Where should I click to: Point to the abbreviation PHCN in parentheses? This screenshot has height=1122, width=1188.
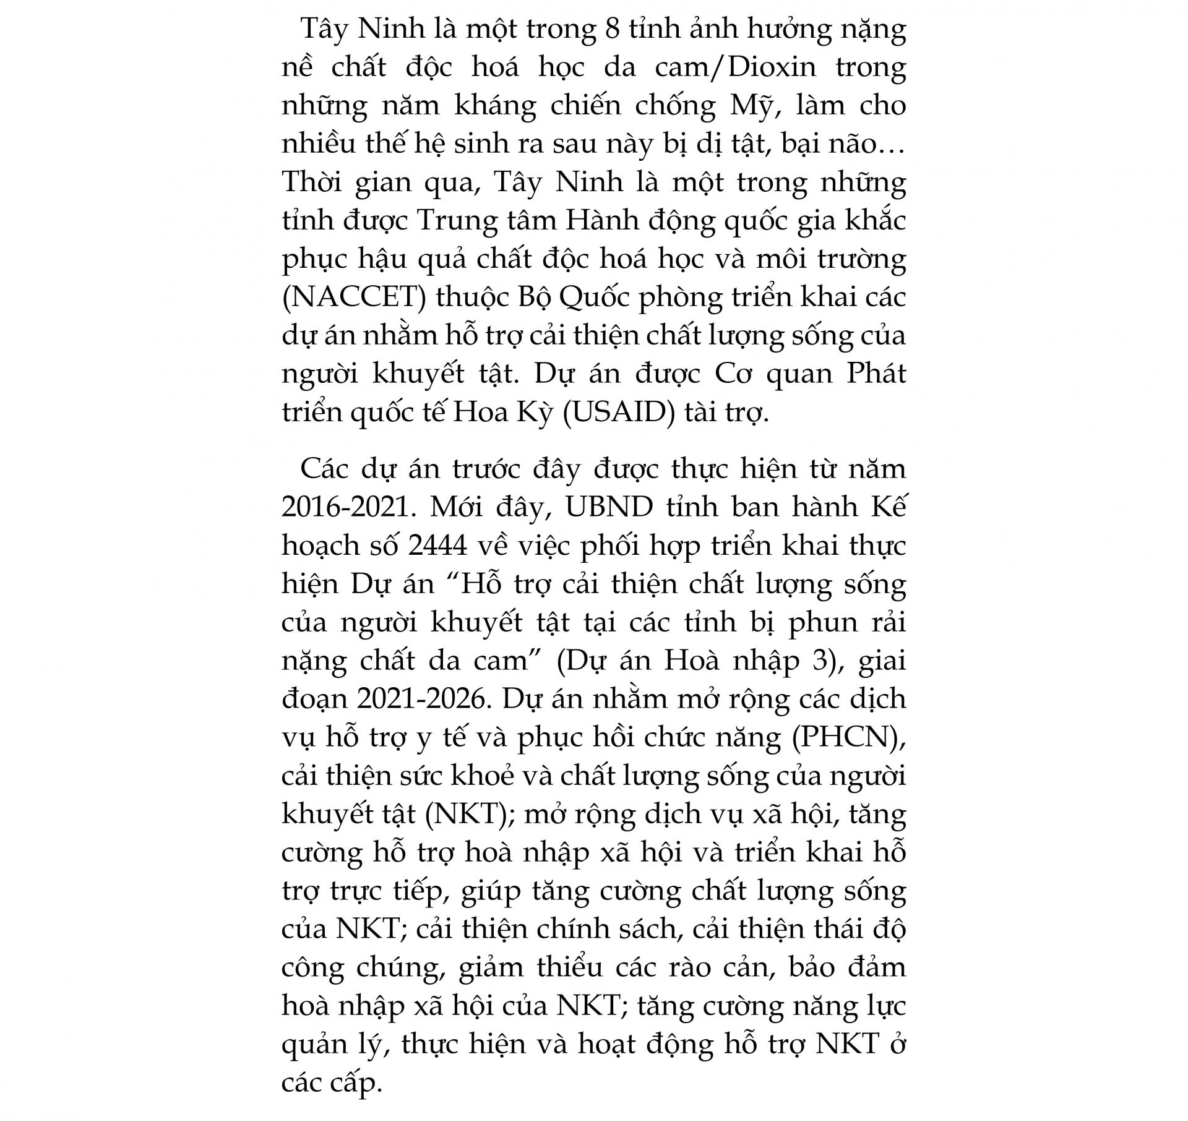tap(845, 737)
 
